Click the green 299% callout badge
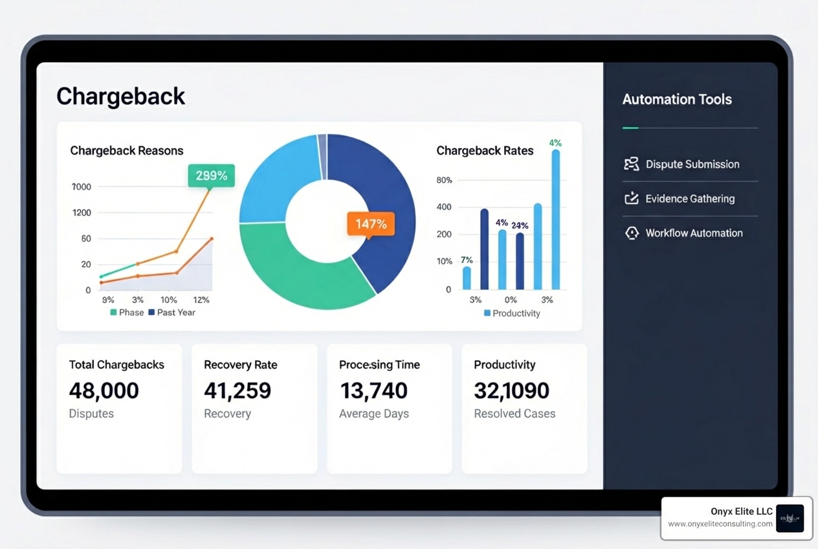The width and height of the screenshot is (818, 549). (x=212, y=175)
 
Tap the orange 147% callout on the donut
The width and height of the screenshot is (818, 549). (x=371, y=224)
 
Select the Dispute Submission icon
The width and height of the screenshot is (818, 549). (x=631, y=164)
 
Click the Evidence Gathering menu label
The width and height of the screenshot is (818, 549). (x=690, y=199)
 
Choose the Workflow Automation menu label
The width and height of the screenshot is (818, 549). (x=694, y=233)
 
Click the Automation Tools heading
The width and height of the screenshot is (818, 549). (x=677, y=99)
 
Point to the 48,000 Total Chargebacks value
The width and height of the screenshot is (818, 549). (x=104, y=390)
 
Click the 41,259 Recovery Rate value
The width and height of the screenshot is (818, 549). (x=238, y=390)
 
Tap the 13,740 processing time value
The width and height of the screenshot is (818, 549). (x=373, y=390)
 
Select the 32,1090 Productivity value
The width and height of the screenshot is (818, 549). (x=511, y=390)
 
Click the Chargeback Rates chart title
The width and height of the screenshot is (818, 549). (x=485, y=151)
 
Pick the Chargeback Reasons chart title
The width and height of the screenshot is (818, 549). (x=127, y=151)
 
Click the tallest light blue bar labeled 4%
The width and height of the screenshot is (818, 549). (x=555, y=219)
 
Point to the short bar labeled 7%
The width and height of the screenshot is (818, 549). (x=467, y=278)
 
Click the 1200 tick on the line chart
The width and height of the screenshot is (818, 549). (x=82, y=212)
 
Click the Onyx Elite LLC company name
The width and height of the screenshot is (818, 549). (x=741, y=511)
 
